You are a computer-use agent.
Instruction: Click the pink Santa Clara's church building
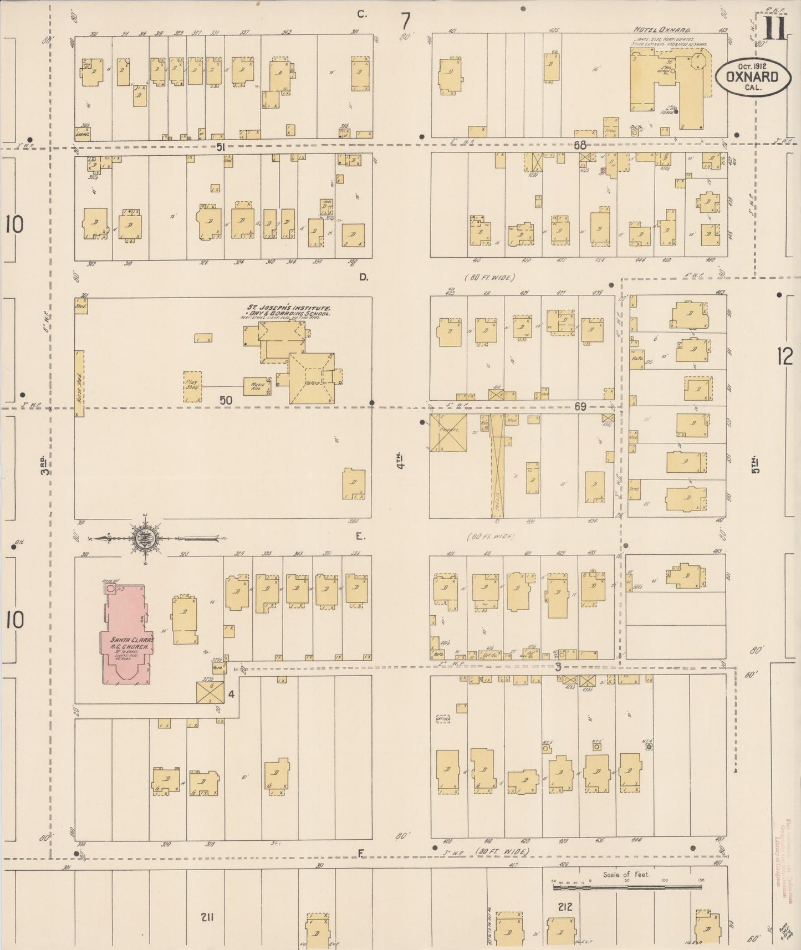pyautogui.click(x=125, y=632)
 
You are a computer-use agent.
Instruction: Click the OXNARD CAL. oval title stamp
pyautogui.click(x=753, y=78)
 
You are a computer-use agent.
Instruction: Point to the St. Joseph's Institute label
pyautogui.click(x=288, y=308)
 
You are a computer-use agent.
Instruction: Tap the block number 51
pyautogui.click(x=221, y=147)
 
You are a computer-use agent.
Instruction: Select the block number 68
pyautogui.click(x=580, y=145)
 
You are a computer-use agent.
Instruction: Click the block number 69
pyautogui.click(x=580, y=407)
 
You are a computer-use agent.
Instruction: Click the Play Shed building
pyautogui.click(x=192, y=386)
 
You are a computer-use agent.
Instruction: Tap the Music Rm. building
pyautogui.click(x=257, y=386)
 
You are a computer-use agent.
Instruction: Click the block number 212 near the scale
pyautogui.click(x=565, y=907)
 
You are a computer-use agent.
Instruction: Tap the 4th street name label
pyautogui.click(x=400, y=461)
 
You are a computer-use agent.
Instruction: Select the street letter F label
pyautogui.click(x=360, y=869)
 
